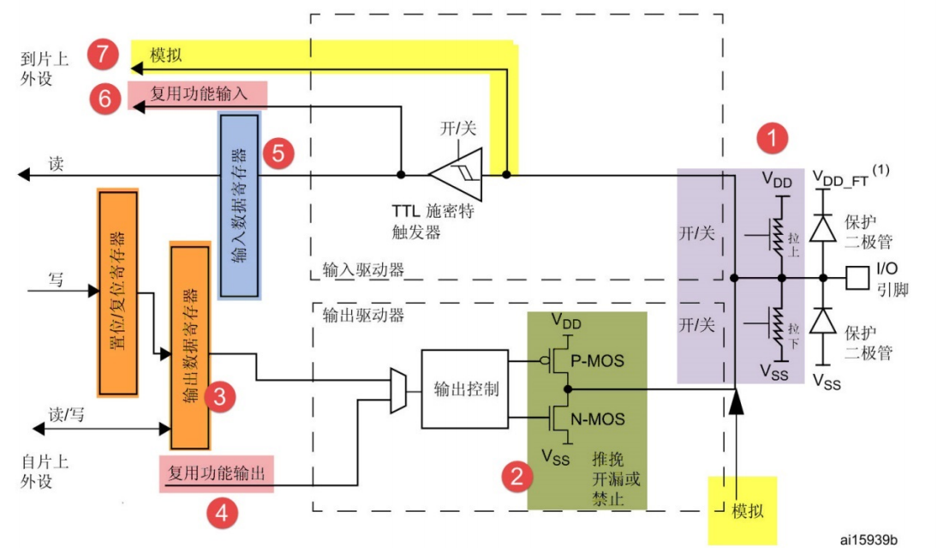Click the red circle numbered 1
pyautogui.click(x=775, y=137)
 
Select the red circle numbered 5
pyautogui.click(x=278, y=153)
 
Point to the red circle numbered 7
pyautogui.click(x=102, y=57)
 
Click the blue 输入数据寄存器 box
pyautogui.click(x=239, y=205)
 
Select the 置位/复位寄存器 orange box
pyautogui.click(x=118, y=292)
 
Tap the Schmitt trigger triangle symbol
pyautogui.click(x=455, y=175)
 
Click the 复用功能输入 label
pyautogui.click(x=199, y=95)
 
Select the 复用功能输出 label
pyautogui.click(x=217, y=473)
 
